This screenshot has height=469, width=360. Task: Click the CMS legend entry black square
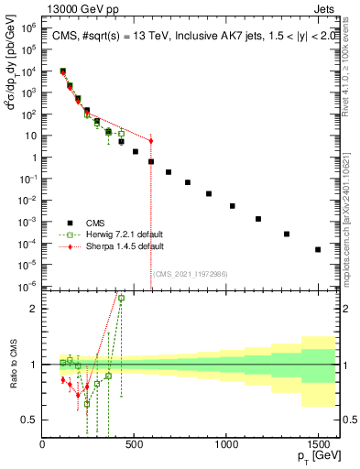pos(70,222)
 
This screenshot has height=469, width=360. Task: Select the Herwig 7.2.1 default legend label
pos(122,234)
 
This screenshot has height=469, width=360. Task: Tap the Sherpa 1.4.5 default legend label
pos(122,246)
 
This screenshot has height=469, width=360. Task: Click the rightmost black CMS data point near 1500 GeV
pos(318,249)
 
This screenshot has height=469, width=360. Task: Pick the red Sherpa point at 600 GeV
pos(151,140)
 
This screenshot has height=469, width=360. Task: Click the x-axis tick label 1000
pos(225,445)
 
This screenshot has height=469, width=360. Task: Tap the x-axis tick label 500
pos(134,445)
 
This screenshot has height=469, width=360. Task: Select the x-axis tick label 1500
pos(317,445)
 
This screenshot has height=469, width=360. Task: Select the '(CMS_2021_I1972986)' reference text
pos(191,273)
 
